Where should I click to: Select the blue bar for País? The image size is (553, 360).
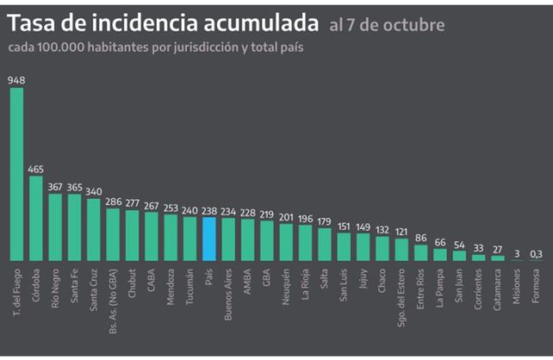pos(208,239)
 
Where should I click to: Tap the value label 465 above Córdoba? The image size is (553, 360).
pos(36,170)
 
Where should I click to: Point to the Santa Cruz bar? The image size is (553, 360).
pos(94,229)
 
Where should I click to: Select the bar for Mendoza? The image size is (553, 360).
pos(171,238)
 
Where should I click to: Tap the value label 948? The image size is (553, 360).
pos(16,80)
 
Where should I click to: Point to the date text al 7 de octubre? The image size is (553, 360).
pos(386,25)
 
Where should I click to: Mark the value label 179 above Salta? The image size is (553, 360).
pos(324,221)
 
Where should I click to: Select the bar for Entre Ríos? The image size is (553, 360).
pos(420,252)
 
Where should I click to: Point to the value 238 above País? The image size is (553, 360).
pos(208,209)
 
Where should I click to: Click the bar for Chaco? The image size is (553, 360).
pos(382,247)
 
